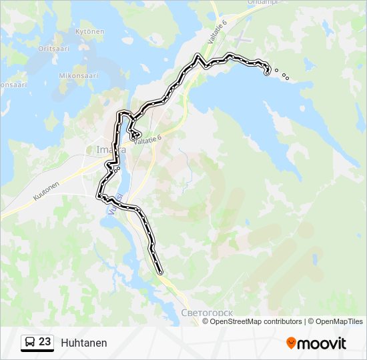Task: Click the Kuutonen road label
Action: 46,190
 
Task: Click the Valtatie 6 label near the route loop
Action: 147,139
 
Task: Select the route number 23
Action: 45,342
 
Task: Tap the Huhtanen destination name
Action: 83,343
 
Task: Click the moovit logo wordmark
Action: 322,343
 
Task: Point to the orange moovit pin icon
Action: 292,343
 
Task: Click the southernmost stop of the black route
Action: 161,272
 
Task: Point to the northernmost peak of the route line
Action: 197,55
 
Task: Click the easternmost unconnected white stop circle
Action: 287,79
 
